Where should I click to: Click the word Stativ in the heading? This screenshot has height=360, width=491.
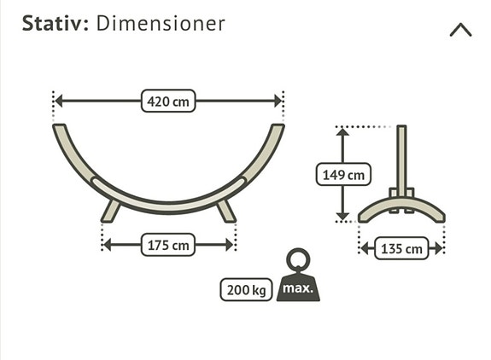[54, 23]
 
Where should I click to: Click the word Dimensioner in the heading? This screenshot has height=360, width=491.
[161, 23]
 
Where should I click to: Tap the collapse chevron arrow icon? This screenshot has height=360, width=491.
[460, 30]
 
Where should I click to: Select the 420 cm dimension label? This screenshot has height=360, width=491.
[168, 102]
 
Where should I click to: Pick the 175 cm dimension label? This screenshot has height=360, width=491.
[168, 245]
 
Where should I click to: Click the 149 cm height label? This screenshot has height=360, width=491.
[343, 175]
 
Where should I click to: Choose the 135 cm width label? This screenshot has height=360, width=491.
[401, 249]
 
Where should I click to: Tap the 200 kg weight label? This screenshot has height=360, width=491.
[246, 290]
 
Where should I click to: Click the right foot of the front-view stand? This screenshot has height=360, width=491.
[225, 210]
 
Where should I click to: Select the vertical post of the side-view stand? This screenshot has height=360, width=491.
[401, 158]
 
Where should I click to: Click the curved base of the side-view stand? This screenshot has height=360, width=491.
[401, 210]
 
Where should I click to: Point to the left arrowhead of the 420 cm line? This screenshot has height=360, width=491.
[59, 102]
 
